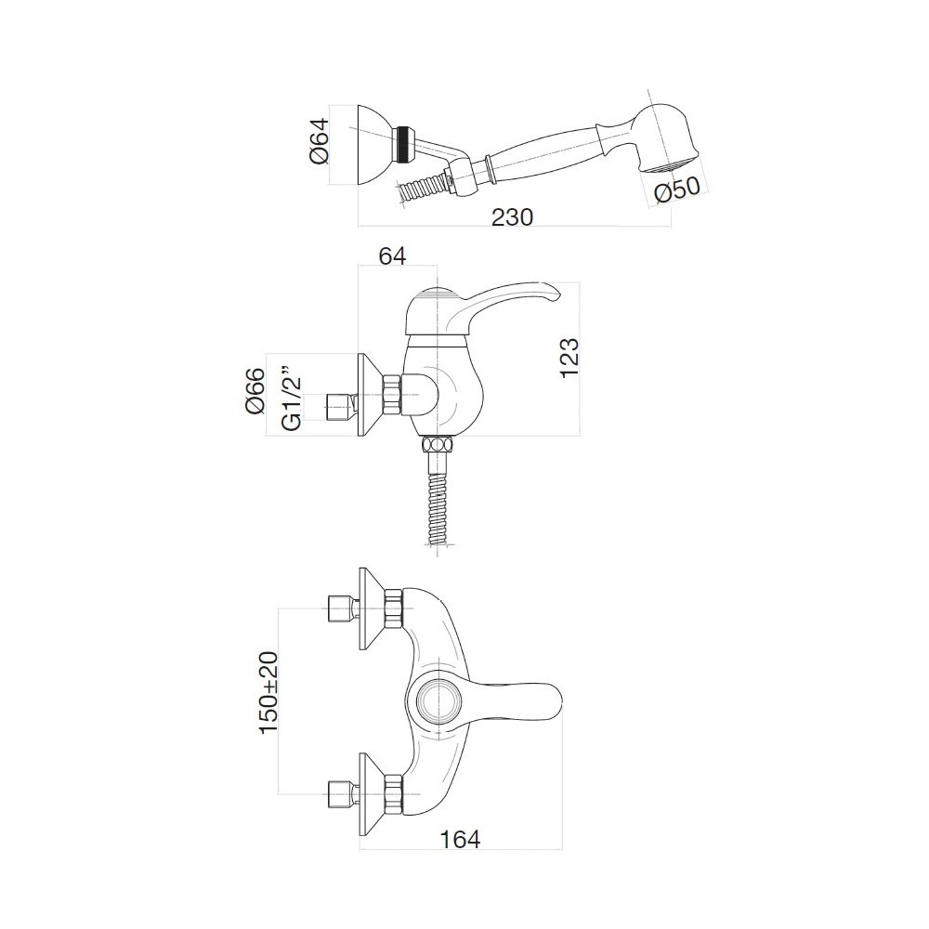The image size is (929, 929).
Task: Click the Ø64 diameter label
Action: pyautogui.click(x=319, y=142)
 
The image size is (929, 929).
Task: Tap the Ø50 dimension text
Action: pyautogui.click(x=678, y=190)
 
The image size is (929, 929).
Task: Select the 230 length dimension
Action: pyautogui.click(x=513, y=216)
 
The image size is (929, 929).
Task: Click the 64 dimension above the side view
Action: pyautogui.click(x=392, y=256)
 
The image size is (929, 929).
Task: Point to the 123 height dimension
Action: pyautogui.click(x=569, y=358)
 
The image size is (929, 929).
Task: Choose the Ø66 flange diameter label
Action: pyautogui.click(x=255, y=391)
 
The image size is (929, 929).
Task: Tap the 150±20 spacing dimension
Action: pyautogui.click(x=268, y=692)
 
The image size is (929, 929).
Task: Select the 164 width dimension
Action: pyautogui.click(x=461, y=839)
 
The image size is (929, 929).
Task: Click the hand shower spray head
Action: pyautogui.click(x=663, y=138)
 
